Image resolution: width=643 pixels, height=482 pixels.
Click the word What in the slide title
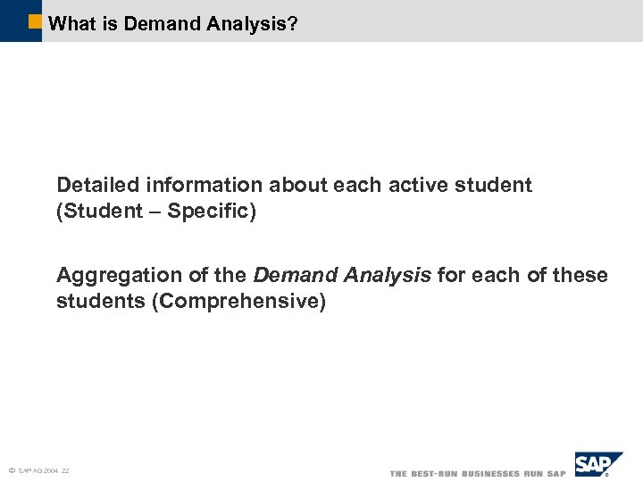[x=74, y=23]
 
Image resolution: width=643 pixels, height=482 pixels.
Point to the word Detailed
[x=96, y=186]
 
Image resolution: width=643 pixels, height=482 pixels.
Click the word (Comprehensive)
[x=239, y=302]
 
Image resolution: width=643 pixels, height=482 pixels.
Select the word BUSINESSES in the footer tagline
[x=488, y=473]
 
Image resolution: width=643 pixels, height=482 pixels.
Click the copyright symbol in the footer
[x=11, y=470]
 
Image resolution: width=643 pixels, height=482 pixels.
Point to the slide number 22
[x=66, y=470]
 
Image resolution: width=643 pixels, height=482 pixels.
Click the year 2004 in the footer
[x=51, y=470]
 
